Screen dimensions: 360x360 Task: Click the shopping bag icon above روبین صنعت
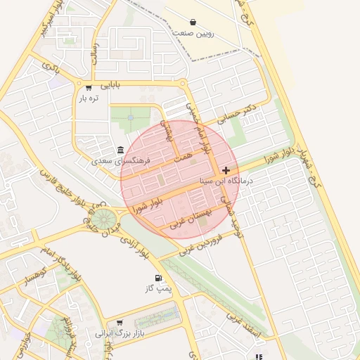coord(193,21)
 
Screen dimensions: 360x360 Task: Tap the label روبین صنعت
coord(193,33)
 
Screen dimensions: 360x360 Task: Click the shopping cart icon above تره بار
coord(89,88)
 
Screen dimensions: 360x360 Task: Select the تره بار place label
coord(89,99)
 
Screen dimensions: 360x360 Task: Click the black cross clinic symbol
coord(226,170)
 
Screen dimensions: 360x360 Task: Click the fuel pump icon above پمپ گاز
coord(159,278)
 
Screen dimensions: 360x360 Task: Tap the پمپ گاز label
coord(159,289)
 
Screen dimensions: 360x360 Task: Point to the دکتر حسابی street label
coord(239,115)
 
